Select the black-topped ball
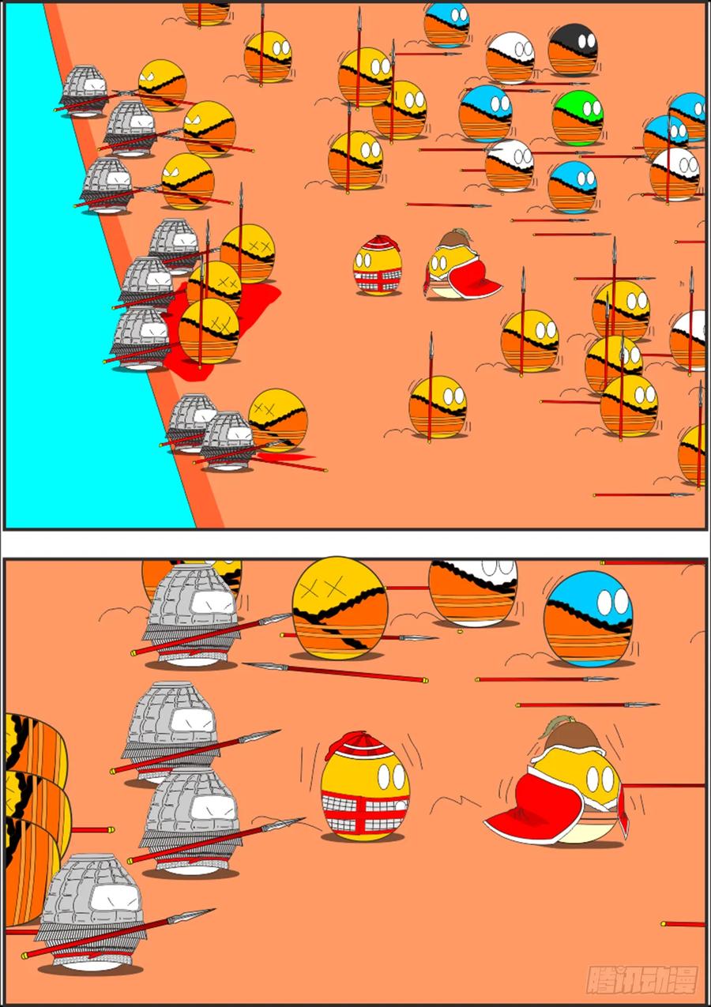[573, 49]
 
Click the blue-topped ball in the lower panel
[588, 619]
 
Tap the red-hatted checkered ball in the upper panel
[377, 265]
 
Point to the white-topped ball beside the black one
[510, 58]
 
